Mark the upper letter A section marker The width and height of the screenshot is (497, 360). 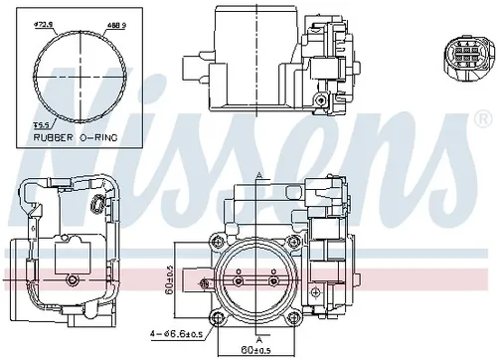258,175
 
